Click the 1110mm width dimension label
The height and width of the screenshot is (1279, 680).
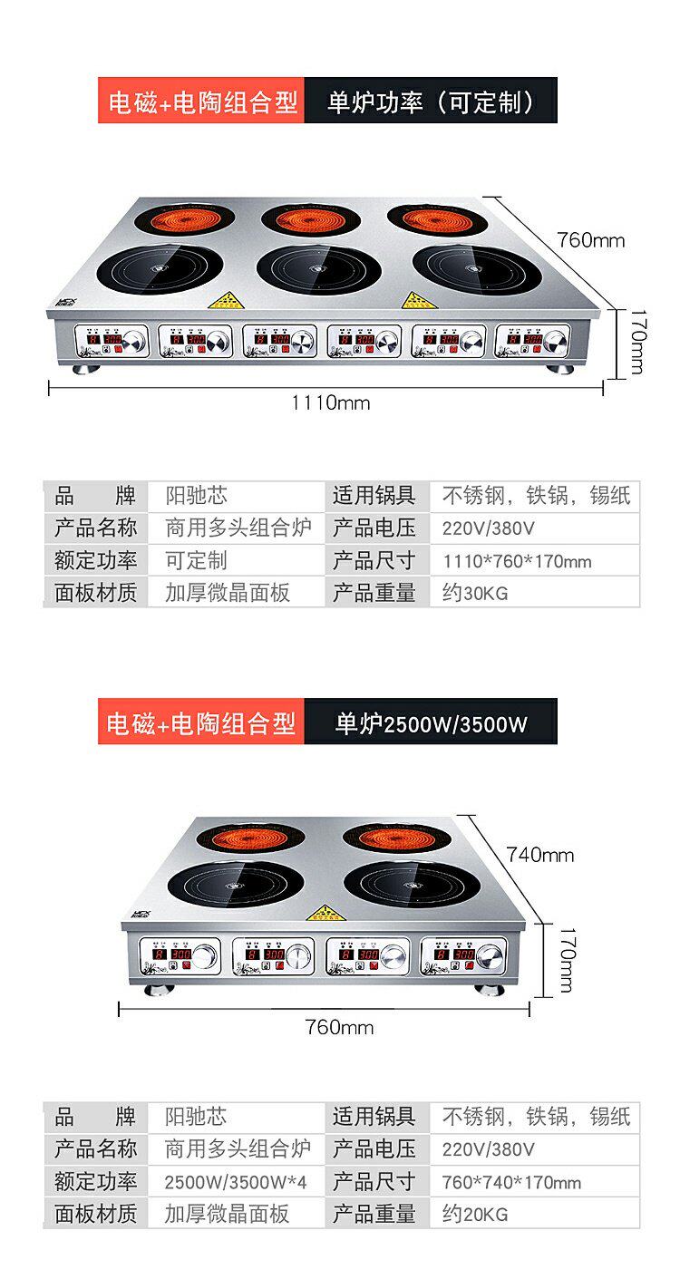pyautogui.click(x=330, y=402)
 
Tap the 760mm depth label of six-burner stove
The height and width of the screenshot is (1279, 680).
pyautogui.click(x=590, y=240)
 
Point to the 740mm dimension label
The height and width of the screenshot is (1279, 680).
pyautogui.click(x=540, y=854)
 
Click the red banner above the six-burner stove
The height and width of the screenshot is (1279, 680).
pyautogui.click(x=200, y=102)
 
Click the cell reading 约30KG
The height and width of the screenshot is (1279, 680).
pyautogui.click(x=535, y=593)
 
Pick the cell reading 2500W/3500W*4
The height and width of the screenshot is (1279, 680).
pyautogui.click(x=235, y=1182)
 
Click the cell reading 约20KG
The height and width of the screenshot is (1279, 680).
pyautogui.click(x=535, y=1214)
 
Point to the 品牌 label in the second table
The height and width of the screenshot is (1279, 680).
pyautogui.click(x=95, y=1118)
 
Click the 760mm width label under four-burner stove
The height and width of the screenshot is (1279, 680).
pyautogui.click(x=339, y=1026)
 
